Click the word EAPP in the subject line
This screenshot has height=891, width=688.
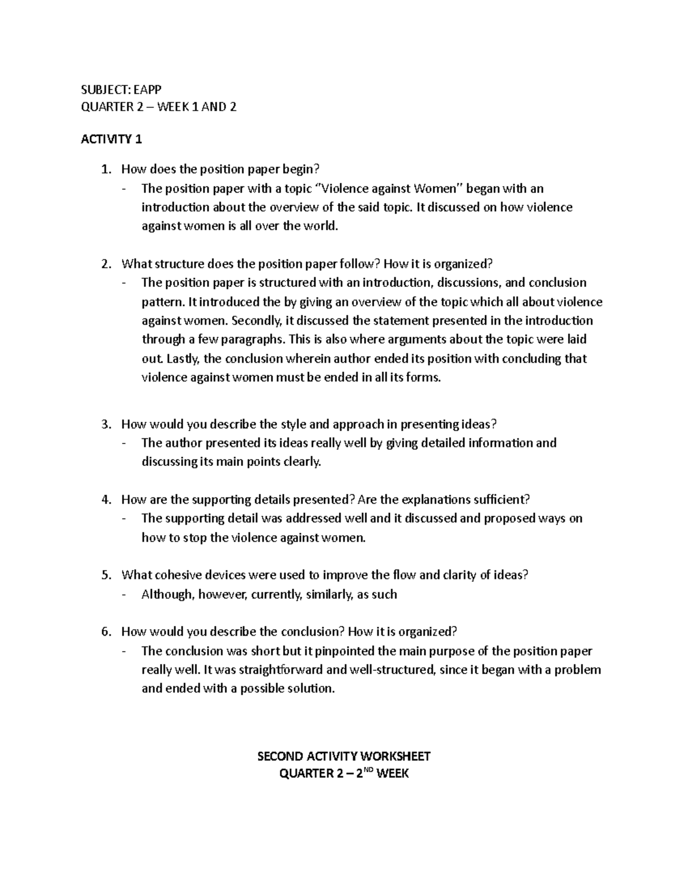click(148, 89)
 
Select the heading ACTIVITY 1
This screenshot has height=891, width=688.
click(111, 139)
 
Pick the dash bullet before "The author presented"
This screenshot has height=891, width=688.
click(124, 443)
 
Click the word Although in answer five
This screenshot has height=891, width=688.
click(168, 594)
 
